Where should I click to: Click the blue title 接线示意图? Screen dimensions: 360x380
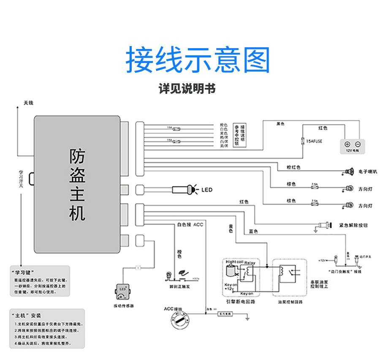(198, 60)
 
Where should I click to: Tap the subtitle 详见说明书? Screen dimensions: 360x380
(187, 89)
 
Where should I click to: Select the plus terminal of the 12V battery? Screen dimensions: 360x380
(347, 144)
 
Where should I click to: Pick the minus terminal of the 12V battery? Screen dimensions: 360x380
(357, 144)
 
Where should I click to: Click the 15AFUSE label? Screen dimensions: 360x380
(314, 142)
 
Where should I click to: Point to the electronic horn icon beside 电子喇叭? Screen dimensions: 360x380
(349, 172)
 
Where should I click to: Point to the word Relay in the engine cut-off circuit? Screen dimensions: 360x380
(250, 263)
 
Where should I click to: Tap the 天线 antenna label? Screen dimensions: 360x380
(28, 103)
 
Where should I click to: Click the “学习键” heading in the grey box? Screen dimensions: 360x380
(24, 272)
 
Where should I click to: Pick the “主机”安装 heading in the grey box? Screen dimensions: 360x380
(28, 315)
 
